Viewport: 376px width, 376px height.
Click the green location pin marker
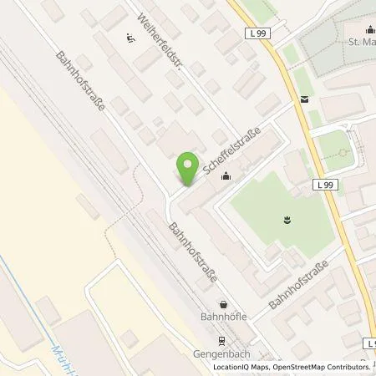tap(187, 165)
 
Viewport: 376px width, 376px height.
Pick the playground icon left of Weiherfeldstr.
tap(130, 36)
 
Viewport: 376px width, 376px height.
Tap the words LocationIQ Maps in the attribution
tap(241, 368)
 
